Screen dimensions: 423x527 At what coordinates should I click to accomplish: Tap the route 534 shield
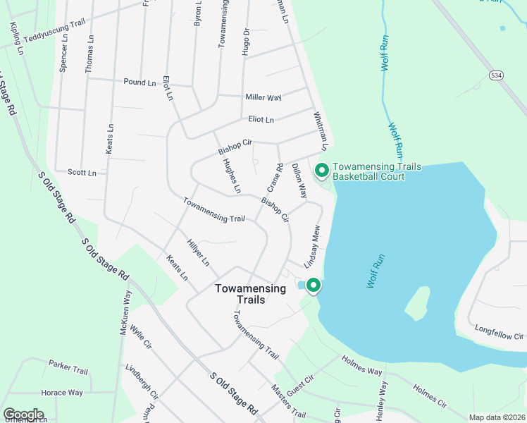[x=497, y=75]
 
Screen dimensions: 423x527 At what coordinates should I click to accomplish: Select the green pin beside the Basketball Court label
[x=322, y=170]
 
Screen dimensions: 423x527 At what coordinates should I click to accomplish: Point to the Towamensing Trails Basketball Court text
[x=376, y=171]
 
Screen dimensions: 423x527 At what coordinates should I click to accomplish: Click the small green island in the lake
[x=417, y=302]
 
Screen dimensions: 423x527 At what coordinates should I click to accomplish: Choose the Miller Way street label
[x=263, y=97]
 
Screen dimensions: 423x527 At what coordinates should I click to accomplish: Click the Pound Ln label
[x=139, y=82]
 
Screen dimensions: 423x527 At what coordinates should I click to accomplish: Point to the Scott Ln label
[x=82, y=172]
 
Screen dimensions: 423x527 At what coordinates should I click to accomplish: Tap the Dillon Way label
[x=299, y=180]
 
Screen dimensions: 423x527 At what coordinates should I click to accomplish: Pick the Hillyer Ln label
[x=198, y=252]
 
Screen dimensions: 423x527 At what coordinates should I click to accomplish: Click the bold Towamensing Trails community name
[x=250, y=294]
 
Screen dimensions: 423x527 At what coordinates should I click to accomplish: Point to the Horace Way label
[x=61, y=393]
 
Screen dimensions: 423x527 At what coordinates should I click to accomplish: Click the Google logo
[x=23, y=415]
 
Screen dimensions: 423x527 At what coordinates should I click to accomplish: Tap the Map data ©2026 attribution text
[x=496, y=417]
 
